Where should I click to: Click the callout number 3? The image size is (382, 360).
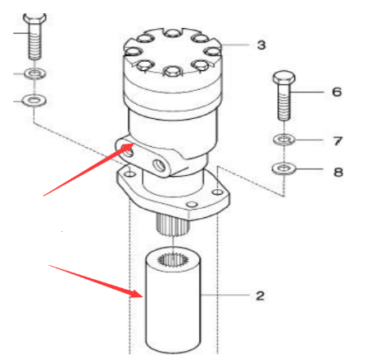[262, 45]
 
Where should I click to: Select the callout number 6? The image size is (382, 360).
[337, 92]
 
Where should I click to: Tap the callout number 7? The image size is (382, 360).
[337, 141]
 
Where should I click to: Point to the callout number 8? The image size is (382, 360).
[338, 172]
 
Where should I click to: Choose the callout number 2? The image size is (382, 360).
[260, 296]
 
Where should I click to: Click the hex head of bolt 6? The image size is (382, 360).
[284, 78]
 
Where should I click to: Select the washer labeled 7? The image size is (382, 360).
[284, 140]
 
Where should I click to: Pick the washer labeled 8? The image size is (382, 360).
[284, 168]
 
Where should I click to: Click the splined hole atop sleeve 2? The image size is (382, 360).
[172, 260]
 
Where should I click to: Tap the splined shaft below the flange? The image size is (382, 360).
[173, 225]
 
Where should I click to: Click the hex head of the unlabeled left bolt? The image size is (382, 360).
[35, 19]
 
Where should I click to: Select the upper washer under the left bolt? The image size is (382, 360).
[35, 73]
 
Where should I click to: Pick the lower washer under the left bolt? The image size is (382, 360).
[35, 100]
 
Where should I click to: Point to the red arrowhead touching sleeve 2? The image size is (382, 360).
[136, 294]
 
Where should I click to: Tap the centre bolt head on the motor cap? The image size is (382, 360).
[172, 72]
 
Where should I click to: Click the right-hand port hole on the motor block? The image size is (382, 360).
[159, 165]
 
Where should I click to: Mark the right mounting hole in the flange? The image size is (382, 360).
[219, 192]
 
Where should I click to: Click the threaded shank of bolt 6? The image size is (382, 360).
[284, 102]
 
